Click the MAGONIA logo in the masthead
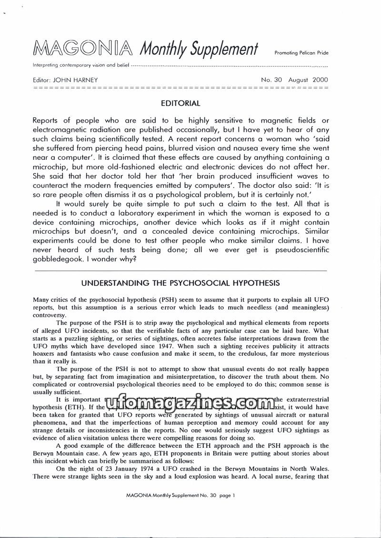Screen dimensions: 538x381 point(84,48)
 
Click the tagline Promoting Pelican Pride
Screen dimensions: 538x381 point(301,53)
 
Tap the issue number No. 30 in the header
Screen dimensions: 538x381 point(272,80)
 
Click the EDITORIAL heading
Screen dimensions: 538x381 point(180,103)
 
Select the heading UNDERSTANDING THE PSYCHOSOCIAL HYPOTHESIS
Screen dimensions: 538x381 point(180,283)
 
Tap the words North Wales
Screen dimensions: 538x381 point(311,469)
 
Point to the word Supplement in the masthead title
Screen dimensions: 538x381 point(223,49)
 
